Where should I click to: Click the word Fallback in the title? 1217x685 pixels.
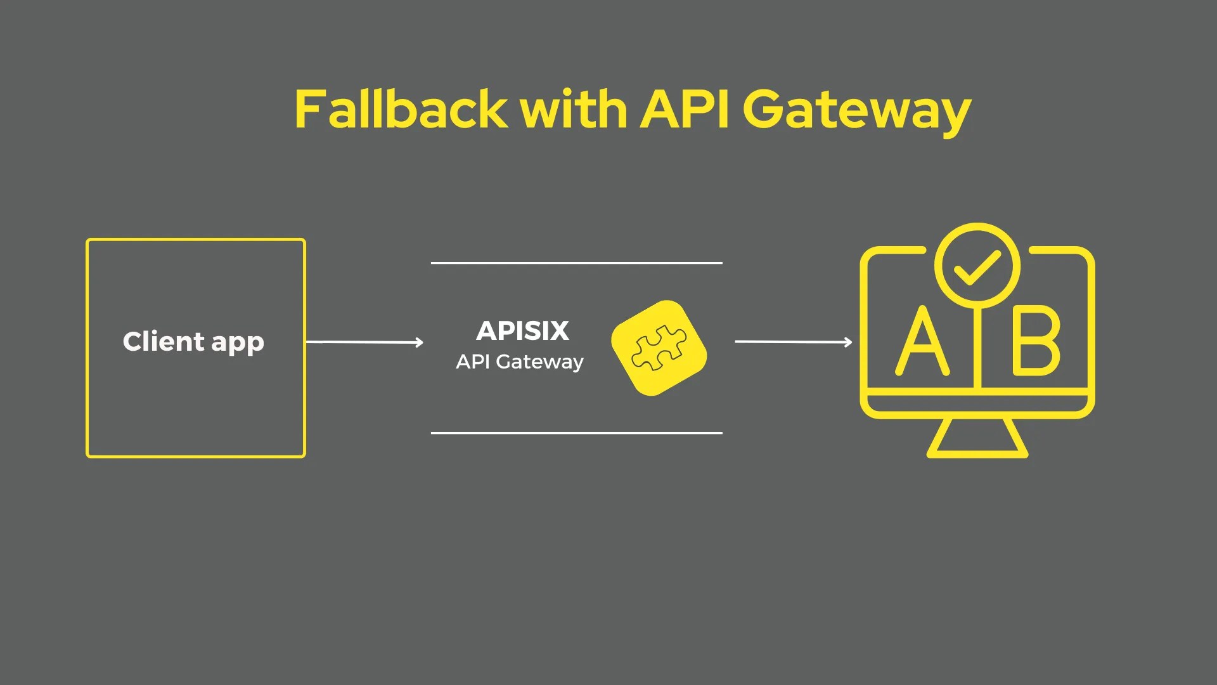tap(401, 109)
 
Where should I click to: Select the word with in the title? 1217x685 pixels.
tap(574, 109)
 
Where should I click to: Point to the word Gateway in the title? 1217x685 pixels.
tap(856, 111)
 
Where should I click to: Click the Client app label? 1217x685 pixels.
tap(193, 342)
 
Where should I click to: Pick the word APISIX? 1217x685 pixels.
tap(523, 330)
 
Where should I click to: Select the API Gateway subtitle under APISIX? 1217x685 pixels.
tap(520, 362)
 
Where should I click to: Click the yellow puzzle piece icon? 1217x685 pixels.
tap(659, 348)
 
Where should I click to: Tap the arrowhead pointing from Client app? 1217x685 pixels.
tap(419, 342)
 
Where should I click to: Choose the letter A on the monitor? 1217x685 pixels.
tap(922, 342)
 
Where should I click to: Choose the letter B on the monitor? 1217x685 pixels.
tap(1036, 341)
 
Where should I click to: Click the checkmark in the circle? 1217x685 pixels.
tap(977, 267)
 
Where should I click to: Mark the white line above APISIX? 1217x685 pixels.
tap(577, 263)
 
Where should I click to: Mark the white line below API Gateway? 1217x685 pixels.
tap(577, 433)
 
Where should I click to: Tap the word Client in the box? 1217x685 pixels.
tap(164, 341)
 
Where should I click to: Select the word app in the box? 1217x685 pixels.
tap(238, 343)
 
